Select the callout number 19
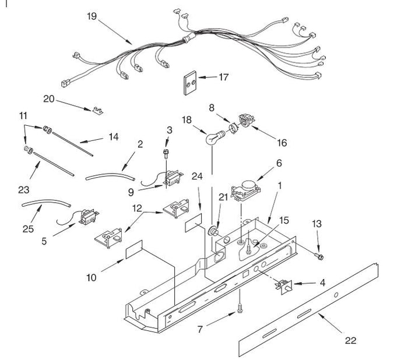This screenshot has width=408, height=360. click(92, 16)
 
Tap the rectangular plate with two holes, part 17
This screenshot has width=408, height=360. click(191, 83)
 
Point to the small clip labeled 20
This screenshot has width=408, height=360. click(97, 111)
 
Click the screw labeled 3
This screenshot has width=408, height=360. click(166, 153)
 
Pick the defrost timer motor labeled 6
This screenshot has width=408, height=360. click(245, 190)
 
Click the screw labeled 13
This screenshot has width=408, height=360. click(319, 256)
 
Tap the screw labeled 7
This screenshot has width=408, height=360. click(240, 309)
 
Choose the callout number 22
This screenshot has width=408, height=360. click(350, 341)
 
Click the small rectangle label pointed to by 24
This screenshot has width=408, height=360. click(194, 223)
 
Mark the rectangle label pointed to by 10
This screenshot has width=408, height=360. click(134, 249)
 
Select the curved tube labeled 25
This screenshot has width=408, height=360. click(46, 203)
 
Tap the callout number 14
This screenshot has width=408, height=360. click(114, 137)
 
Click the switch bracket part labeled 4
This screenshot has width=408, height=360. click(284, 287)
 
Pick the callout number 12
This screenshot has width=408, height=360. click(137, 208)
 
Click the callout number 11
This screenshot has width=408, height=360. click(23, 115)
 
